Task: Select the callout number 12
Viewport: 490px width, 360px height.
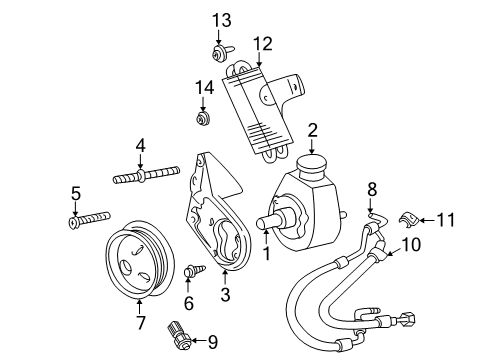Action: (262, 42)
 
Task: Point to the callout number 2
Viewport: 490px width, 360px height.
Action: (312, 128)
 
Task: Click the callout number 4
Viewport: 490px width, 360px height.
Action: (140, 146)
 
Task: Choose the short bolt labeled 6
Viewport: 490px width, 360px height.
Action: (193, 270)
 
